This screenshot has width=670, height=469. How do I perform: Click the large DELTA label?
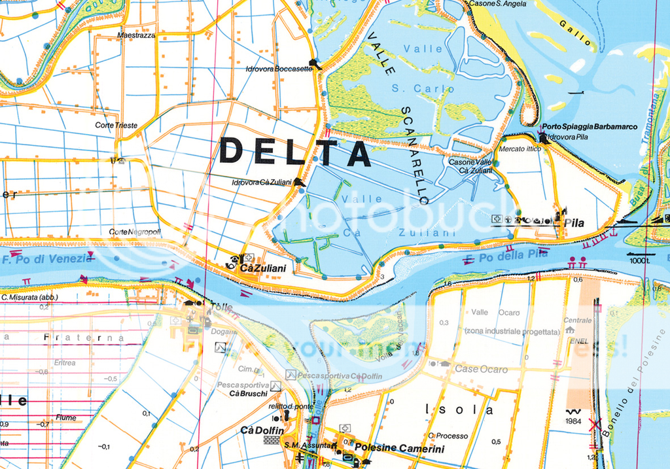tap(295, 152)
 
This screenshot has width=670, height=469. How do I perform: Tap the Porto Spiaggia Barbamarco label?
tap(590, 127)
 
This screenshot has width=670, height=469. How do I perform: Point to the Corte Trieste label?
tap(116, 125)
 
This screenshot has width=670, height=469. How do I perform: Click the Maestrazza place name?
tap(136, 35)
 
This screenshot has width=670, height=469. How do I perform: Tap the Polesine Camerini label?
tap(400, 449)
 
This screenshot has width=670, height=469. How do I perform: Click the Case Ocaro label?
tap(481, 370)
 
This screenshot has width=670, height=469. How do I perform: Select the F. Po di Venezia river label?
tap(46, 259)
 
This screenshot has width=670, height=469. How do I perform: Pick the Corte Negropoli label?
tap(135, 232)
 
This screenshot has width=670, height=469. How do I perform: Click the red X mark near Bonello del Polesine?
tap(595, 425)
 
